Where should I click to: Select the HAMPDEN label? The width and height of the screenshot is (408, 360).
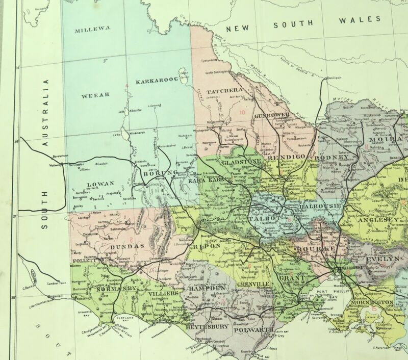206,289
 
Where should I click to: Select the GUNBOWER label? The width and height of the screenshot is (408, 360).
271,115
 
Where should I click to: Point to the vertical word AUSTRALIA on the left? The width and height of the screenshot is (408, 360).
45,113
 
